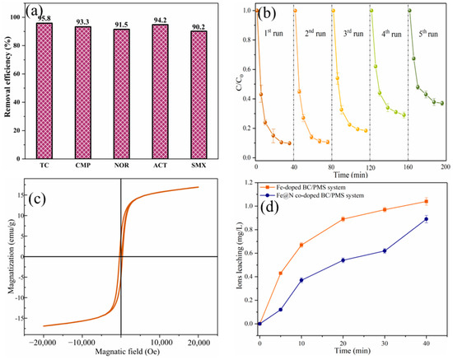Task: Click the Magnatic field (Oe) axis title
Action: tap(121, 353)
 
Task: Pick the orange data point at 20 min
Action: tap(342, 218)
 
